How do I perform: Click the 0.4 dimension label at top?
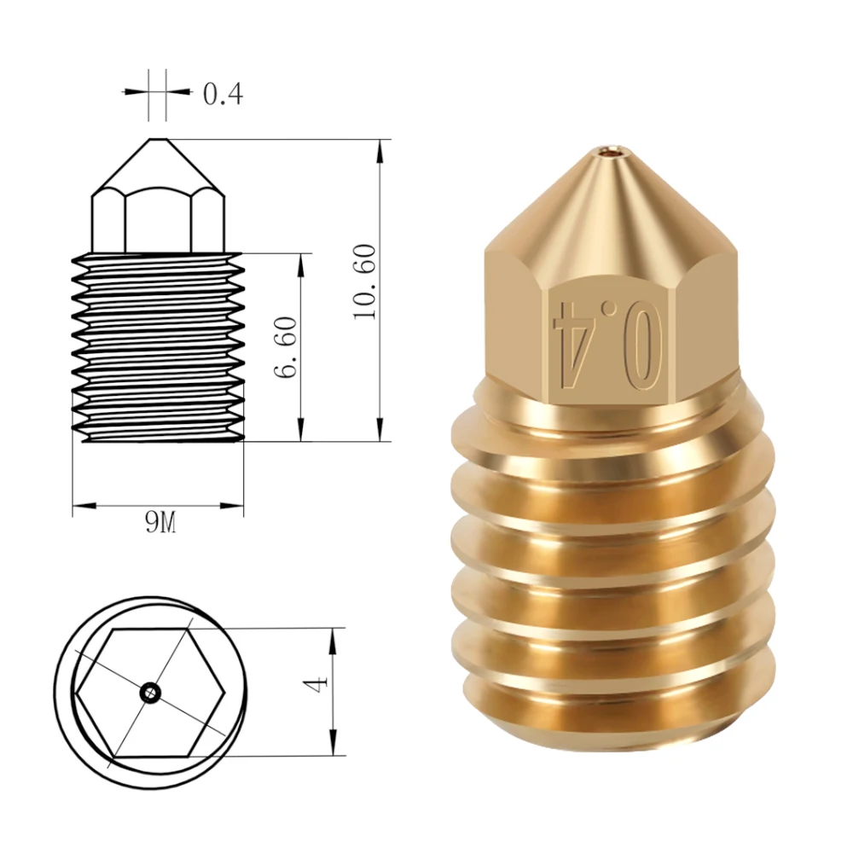(x=223, y=94)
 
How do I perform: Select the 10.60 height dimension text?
(x=364, y=281)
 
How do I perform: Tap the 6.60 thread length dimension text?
(x=286, y=347)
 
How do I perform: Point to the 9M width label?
(x=160, y=524)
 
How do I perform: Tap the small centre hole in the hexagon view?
(x=149, y=693)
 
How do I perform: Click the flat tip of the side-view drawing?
(x=158, y=139)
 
